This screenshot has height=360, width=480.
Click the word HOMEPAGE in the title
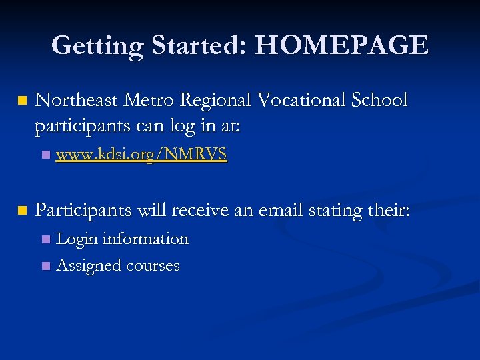341,45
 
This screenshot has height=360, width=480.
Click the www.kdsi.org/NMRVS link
141,155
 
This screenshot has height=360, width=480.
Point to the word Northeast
75,100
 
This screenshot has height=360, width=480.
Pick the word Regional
217,101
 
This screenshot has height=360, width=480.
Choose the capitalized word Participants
83,211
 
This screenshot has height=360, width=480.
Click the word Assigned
89,266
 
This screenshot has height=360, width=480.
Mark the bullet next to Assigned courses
45,266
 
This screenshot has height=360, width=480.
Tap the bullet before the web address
45,155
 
